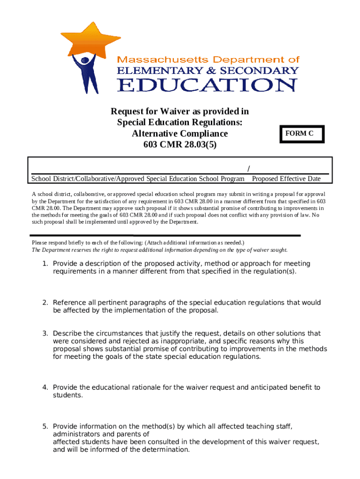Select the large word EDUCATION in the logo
coord(207,85)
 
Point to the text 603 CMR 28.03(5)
coord(180,145)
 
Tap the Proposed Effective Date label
coord(286,179)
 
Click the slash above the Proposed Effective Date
coord(248,168)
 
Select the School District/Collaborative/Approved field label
coord(137,179)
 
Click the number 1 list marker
coord(45,264)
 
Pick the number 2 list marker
coord(45,303)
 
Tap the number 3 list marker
coord(45,334)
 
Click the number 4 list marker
coord(45,387)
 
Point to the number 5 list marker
coord(45,426)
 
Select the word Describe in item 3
coord(67,334)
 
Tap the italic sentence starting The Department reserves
coord(159,250)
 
